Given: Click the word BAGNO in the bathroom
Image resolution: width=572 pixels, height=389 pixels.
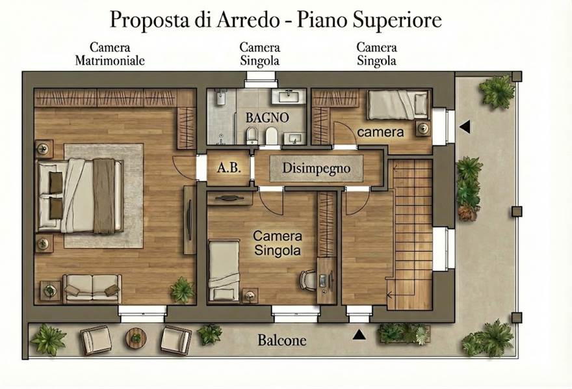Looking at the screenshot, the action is tap(267, 118).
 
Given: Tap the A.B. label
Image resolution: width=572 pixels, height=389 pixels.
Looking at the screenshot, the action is tap(229, 167).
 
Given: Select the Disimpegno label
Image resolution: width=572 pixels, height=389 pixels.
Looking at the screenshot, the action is tap(317, 168).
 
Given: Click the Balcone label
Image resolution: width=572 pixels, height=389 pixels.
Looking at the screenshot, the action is tap(282, 340).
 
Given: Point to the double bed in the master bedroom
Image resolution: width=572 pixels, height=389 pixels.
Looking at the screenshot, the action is tap(80, 195).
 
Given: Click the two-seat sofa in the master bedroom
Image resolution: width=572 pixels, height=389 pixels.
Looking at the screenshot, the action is tap(92, 289).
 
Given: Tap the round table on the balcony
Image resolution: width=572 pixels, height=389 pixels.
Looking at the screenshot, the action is tap(136, 338).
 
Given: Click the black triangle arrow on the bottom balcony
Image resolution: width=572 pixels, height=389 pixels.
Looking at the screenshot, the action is tap(359, 334).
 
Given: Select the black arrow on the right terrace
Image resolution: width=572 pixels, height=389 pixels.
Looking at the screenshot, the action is tap(465, 127).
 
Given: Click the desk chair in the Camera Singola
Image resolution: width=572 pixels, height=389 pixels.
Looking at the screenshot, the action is tap(308, 280).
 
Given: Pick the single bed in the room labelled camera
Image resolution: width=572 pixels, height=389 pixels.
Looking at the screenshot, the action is tap(398, 104).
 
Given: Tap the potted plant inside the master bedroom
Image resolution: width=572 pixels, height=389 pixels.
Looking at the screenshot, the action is tap(182, 289).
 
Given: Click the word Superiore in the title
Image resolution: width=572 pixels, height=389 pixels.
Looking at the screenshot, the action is tap(397, 20).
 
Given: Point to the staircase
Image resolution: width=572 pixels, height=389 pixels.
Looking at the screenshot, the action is tap(410, 234).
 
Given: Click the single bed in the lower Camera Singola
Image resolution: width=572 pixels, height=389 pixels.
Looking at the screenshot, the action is tap(224, 270).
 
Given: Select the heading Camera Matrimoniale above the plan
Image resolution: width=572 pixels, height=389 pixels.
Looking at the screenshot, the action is tap(110, 53).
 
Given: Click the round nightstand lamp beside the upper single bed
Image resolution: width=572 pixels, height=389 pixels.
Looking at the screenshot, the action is tap(423, 128).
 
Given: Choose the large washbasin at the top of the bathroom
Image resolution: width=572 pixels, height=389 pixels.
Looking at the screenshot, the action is tap(289, 96).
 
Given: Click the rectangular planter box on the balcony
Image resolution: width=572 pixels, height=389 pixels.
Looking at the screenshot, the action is tap(404, 334).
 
